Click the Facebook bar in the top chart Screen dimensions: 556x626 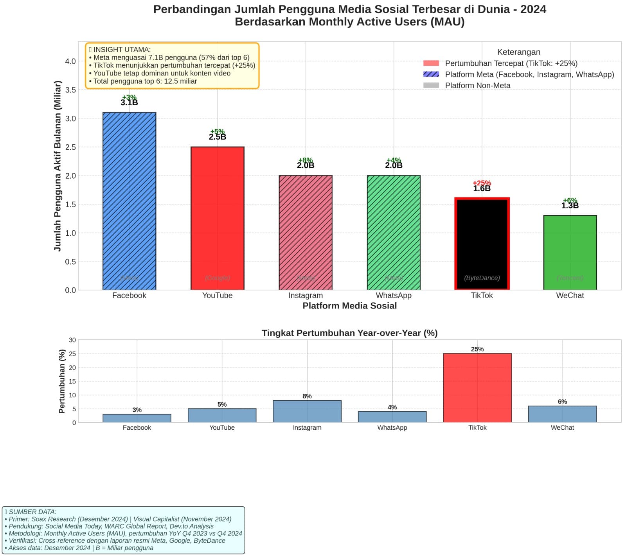[x=129, y=201]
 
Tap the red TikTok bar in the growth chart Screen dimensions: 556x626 [x=477, y=387]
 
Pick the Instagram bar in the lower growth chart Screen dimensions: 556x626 [x=307, y=411]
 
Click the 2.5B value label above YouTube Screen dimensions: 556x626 [x=217, y=137]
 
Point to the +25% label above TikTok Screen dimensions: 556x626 [x=482, y=183]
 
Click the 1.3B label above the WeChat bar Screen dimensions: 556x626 [x=570, y=206]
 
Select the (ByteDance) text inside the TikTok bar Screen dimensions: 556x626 [x=482, y=278]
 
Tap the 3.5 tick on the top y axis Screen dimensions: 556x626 [x=70, y=90]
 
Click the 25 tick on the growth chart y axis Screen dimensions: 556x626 [x=72, y=354]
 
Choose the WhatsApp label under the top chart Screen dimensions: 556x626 [x=394, y=296]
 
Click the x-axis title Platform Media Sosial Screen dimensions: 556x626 [x=349, y=306]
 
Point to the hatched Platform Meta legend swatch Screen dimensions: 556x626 [x=431, y=74]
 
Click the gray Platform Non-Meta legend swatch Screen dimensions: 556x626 [x=431, y=85]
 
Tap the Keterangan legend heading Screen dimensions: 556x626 [x=518, y=52]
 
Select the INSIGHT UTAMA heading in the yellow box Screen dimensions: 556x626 [x=122, y=50]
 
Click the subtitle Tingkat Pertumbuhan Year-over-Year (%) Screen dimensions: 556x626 [x=349, y=333]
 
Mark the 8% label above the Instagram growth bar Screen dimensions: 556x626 [x=307, y=396]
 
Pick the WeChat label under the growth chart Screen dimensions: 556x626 [x=562, y=427]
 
